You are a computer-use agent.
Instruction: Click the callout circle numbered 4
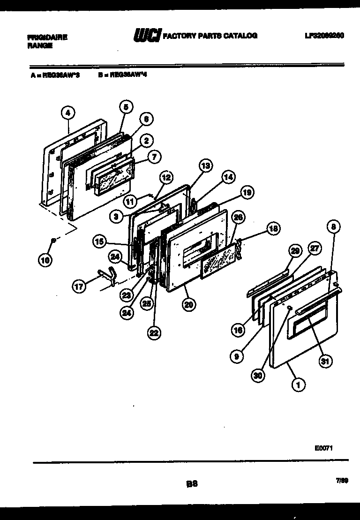coord(68,113)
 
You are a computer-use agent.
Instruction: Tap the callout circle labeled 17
coord(80,286)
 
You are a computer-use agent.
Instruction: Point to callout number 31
coord(325,361)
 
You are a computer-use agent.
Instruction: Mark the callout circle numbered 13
coord(205,165)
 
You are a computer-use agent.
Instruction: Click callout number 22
coord(154,333)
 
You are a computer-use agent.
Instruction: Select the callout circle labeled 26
coord(238,217)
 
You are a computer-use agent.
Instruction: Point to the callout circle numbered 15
coord(99,242)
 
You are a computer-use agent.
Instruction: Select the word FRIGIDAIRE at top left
coord(46,37)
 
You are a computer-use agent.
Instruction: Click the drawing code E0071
coord(324,448)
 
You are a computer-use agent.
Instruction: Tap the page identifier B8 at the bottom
coord(192,484)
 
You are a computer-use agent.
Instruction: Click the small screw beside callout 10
coord(54,241)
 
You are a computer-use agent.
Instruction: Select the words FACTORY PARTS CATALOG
coord(210,36)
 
